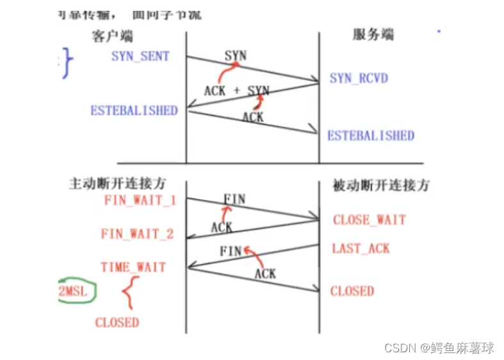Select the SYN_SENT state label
[140, 56]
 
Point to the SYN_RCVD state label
[359, 79]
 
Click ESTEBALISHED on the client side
[134, 110]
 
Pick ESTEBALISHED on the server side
[371, 136]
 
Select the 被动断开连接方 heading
[380, 186]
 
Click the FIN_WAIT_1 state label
[140, 200]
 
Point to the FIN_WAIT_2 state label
[137, 234]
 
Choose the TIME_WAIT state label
[133, 267]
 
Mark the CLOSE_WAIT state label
[370, 220]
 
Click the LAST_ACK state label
[361, 249]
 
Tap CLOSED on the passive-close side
[352, 291]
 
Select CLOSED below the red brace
[117, 323]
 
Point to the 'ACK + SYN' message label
[236, 91]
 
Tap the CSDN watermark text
[439, 348]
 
